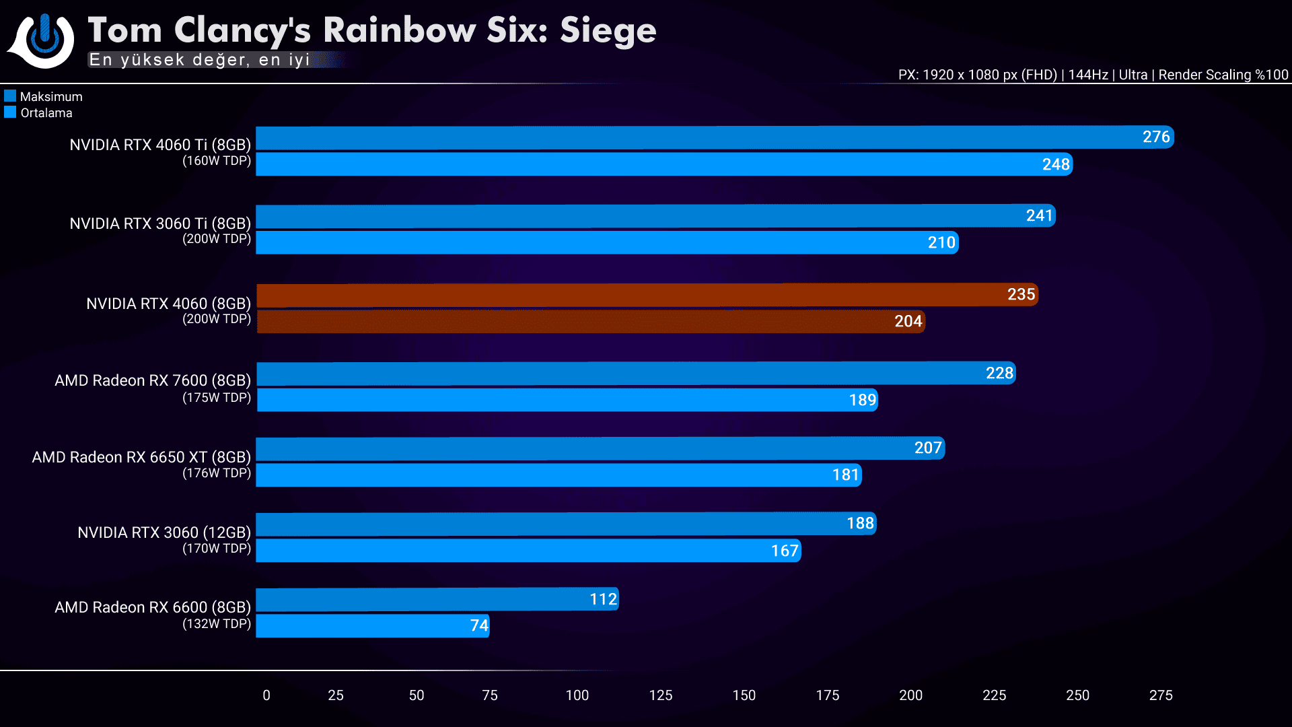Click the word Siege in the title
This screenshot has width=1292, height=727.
[608, 31]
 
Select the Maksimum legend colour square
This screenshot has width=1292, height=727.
[10, 96]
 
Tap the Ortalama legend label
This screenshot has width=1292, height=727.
[46, 113]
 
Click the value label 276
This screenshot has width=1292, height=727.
[1156, 137]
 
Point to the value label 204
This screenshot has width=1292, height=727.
[908, 322]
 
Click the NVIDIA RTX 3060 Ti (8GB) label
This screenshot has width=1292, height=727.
[160, 223]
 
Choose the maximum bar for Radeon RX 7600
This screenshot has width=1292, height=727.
[636, 374]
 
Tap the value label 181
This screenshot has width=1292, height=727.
[845, 475]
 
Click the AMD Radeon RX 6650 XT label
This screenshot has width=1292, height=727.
[141, 458]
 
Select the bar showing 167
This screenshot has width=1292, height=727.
[528, 551]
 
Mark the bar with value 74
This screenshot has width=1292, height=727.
[372, 626]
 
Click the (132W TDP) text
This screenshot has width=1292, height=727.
[217, 624]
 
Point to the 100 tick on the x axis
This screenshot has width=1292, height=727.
[577, 695]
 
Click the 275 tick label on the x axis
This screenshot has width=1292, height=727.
[1160, 695]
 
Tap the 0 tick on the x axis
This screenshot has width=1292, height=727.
[266, 695]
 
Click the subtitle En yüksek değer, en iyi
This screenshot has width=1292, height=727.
[200, 60]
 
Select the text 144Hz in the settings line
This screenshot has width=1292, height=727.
[1087, 75]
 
